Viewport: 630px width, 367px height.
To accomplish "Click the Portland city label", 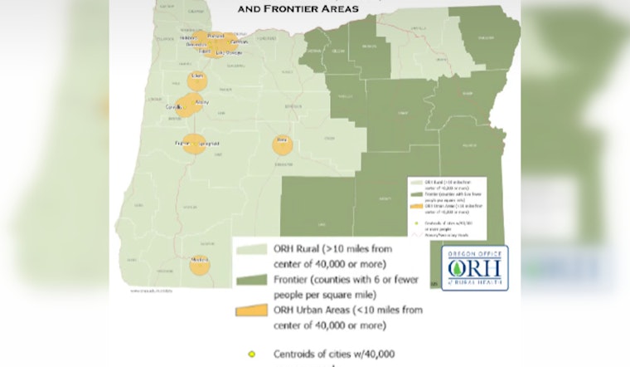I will pos(216,37).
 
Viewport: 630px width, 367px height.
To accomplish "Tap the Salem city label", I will pos(197,76).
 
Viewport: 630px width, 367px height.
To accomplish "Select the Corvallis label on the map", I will pos(176,108).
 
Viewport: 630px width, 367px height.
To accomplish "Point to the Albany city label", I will pos(201,102).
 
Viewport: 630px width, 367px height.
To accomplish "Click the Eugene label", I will pos(182,144).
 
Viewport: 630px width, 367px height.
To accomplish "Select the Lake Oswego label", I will pos(228,53).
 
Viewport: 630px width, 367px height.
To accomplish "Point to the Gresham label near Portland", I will pos(240,41).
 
